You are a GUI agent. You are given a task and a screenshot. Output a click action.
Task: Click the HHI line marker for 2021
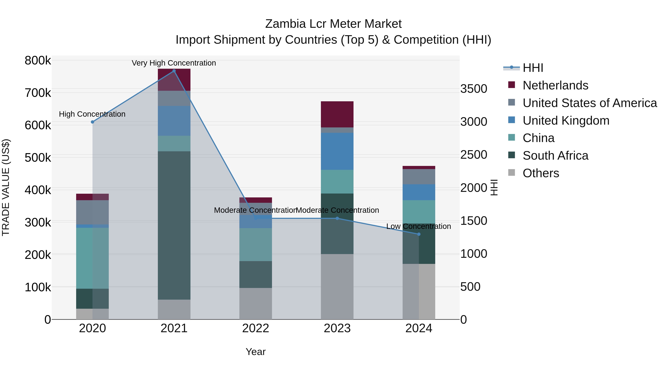[x=174, y=71]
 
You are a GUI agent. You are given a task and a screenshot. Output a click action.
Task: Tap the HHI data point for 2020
[x=92, y=122]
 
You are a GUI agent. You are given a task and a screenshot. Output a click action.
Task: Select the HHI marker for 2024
[x=419, y=234]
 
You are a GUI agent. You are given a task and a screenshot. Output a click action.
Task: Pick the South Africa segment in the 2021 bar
[x=174, y=225]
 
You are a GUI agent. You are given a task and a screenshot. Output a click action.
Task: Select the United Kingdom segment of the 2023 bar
[x=337, y=151]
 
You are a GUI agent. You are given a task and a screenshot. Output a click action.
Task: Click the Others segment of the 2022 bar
[x=255, y=303]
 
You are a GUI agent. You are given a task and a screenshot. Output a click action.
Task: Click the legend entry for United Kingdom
[x=566, y=121]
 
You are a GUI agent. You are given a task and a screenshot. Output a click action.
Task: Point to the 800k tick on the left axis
[x=38, y=61]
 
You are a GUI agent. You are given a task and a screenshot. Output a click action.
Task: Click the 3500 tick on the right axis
[x=474, y=89]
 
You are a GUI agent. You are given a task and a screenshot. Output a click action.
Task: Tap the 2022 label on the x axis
[x=255, y=328]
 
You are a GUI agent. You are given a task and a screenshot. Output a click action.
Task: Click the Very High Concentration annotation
[x=174, y=63]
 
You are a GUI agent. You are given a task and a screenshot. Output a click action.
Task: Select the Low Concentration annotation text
[x=418, y=226]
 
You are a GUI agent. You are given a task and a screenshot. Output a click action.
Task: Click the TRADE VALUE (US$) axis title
[x=6, y=187]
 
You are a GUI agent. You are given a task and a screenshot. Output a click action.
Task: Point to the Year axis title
[x=255, y=352]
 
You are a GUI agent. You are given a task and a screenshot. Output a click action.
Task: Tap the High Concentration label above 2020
[x=92, y=114]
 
